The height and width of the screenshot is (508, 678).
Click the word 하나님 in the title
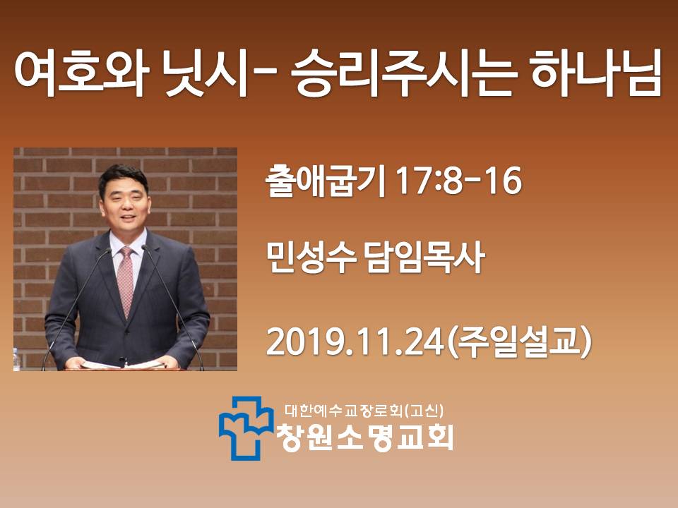click(x=596, y=72)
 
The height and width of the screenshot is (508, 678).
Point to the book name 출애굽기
click(x=325, y=181)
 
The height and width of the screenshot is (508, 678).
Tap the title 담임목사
click(x=425, y=258)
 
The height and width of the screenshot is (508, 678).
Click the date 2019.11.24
click(x=355, y=342)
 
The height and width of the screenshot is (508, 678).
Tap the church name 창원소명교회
click(x=365, y=437)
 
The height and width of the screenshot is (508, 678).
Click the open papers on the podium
click(x=122, y=365)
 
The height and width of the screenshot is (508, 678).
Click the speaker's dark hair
click(x=123, y=178)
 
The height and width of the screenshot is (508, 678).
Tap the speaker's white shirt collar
click(x=126, y=243)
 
